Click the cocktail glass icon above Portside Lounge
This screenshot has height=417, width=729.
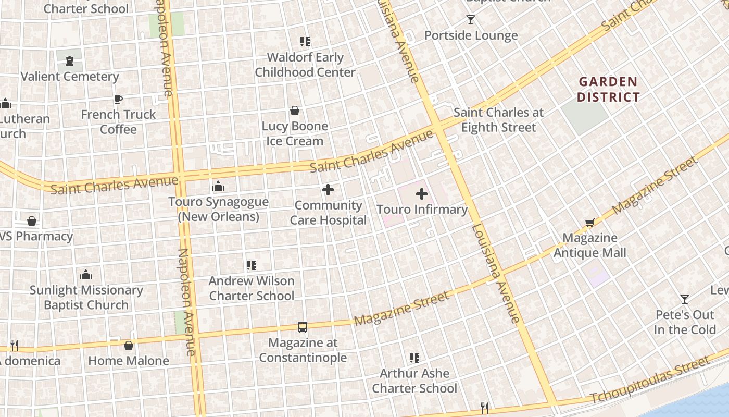pyautogui.click(x=471, y=20)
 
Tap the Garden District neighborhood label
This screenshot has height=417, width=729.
pyautogui.click(x=608, y=89)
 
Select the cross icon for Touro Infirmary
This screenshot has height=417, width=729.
pyautogui.click(x=422, y=194)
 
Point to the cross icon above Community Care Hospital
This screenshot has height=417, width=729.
pyautogui.click(x=328, y=190)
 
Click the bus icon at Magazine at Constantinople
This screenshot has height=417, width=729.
pyautogui.click(x=303, y=327)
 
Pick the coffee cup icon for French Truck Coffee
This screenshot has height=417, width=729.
pyautogui.click(x=118, y=99)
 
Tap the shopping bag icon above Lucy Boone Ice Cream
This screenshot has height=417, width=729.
pyautogui.click(x=295, y=111)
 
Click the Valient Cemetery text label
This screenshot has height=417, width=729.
pyautogui.click(x=70, y=77)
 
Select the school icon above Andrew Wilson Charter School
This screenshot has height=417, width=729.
pyautogui.click(x=252, y=265)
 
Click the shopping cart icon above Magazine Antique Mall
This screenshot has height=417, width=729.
pyautogui.click(x=589, y=223)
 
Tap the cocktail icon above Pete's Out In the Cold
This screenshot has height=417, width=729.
pyautogui.click(x=685, y=299)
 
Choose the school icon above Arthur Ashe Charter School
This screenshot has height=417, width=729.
pyautogui.click(x=414, y=358)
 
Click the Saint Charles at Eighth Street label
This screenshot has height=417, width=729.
pyautogui.click(x=498, y=120)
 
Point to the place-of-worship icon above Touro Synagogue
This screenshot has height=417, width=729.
pyautogui.click(x=218, y=186)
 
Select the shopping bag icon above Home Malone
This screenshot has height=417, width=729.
pyautogui.click(x=129, y=346)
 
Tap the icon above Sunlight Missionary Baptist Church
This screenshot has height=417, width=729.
pyautogui.click(x=86, y=275)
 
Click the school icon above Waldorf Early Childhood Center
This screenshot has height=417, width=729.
pyautogui.click(x=305, y=42)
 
